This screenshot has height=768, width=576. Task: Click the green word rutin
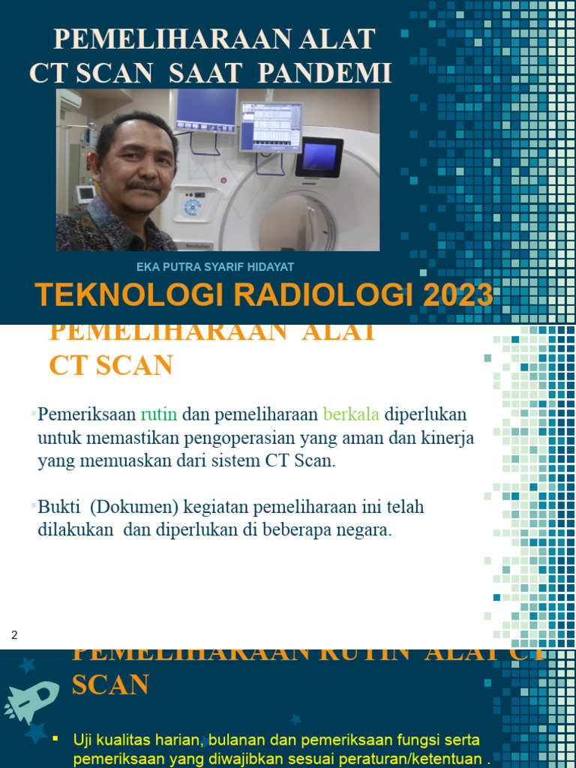(x=158, y=414)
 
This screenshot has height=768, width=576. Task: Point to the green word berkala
(x=351, y=414)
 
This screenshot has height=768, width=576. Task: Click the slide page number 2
(x=14, y=636)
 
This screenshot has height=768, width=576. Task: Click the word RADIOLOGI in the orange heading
(x=318, y=295)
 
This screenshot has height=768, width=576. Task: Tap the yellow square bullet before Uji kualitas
(x=55, y=739)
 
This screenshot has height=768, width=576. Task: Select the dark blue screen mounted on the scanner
(x=319, y=156)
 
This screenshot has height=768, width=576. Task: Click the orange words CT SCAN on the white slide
(x=111, y=365)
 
